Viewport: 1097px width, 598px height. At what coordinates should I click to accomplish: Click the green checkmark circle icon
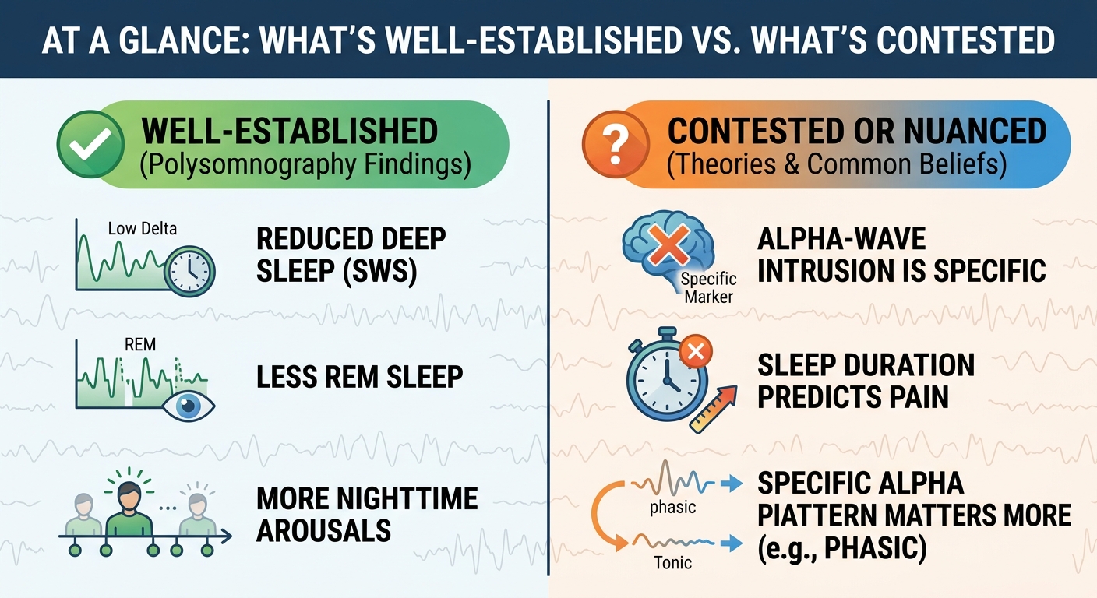point(90,144)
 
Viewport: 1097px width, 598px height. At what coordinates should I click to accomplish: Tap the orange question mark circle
point(616,144)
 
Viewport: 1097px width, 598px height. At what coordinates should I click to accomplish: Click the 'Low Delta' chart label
point(143,228)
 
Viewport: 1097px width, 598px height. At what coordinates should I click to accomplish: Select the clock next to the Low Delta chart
point(189,272)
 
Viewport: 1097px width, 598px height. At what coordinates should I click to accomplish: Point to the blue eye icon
point(188,405)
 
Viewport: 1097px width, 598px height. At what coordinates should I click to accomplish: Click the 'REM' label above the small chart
point(140,344)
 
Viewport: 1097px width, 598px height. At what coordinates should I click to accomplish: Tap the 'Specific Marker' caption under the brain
point(709,288)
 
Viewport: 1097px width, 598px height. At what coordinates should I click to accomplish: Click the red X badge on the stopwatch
point(696,351)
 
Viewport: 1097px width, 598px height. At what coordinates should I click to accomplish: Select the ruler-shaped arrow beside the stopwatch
point(713,409)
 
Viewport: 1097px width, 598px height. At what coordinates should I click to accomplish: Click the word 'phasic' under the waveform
point(673,508)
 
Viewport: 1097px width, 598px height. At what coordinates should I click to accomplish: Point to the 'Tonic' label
point(673,563)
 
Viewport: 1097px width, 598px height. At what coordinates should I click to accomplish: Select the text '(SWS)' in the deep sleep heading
point(380,271)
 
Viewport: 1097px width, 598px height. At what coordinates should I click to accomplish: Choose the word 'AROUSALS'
point(323,531)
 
